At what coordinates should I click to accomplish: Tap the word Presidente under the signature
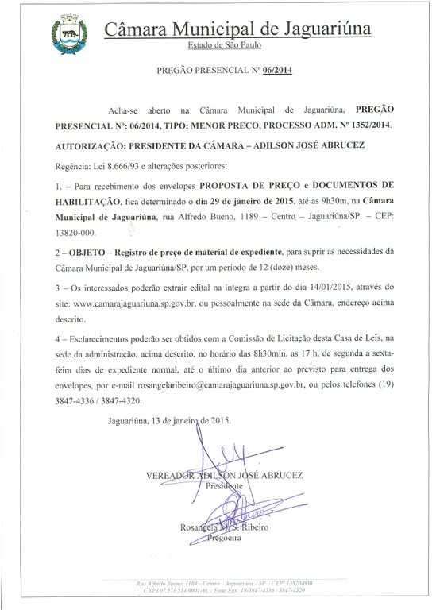point(223,486)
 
